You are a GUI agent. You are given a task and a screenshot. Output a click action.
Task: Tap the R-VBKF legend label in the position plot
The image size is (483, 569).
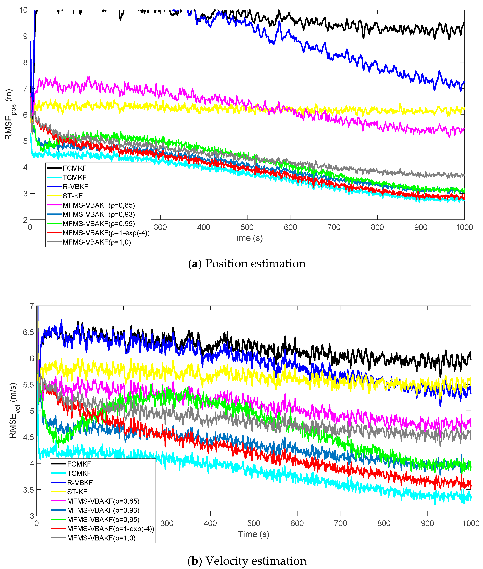(75, 187)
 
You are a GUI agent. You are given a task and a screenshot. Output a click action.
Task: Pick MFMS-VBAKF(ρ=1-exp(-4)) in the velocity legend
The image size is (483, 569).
(111, 529)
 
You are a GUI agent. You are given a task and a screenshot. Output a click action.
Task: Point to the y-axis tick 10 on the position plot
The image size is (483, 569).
(23, 10)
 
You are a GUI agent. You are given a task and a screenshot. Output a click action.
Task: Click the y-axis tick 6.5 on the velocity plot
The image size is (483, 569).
(28, 332)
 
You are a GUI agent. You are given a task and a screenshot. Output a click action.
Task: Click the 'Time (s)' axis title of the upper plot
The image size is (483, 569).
(247, 238)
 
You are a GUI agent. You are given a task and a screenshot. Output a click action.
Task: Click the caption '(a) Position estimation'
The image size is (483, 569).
(247, 264)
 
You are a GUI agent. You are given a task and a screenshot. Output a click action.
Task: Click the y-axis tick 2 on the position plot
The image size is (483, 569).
(25, 220)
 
